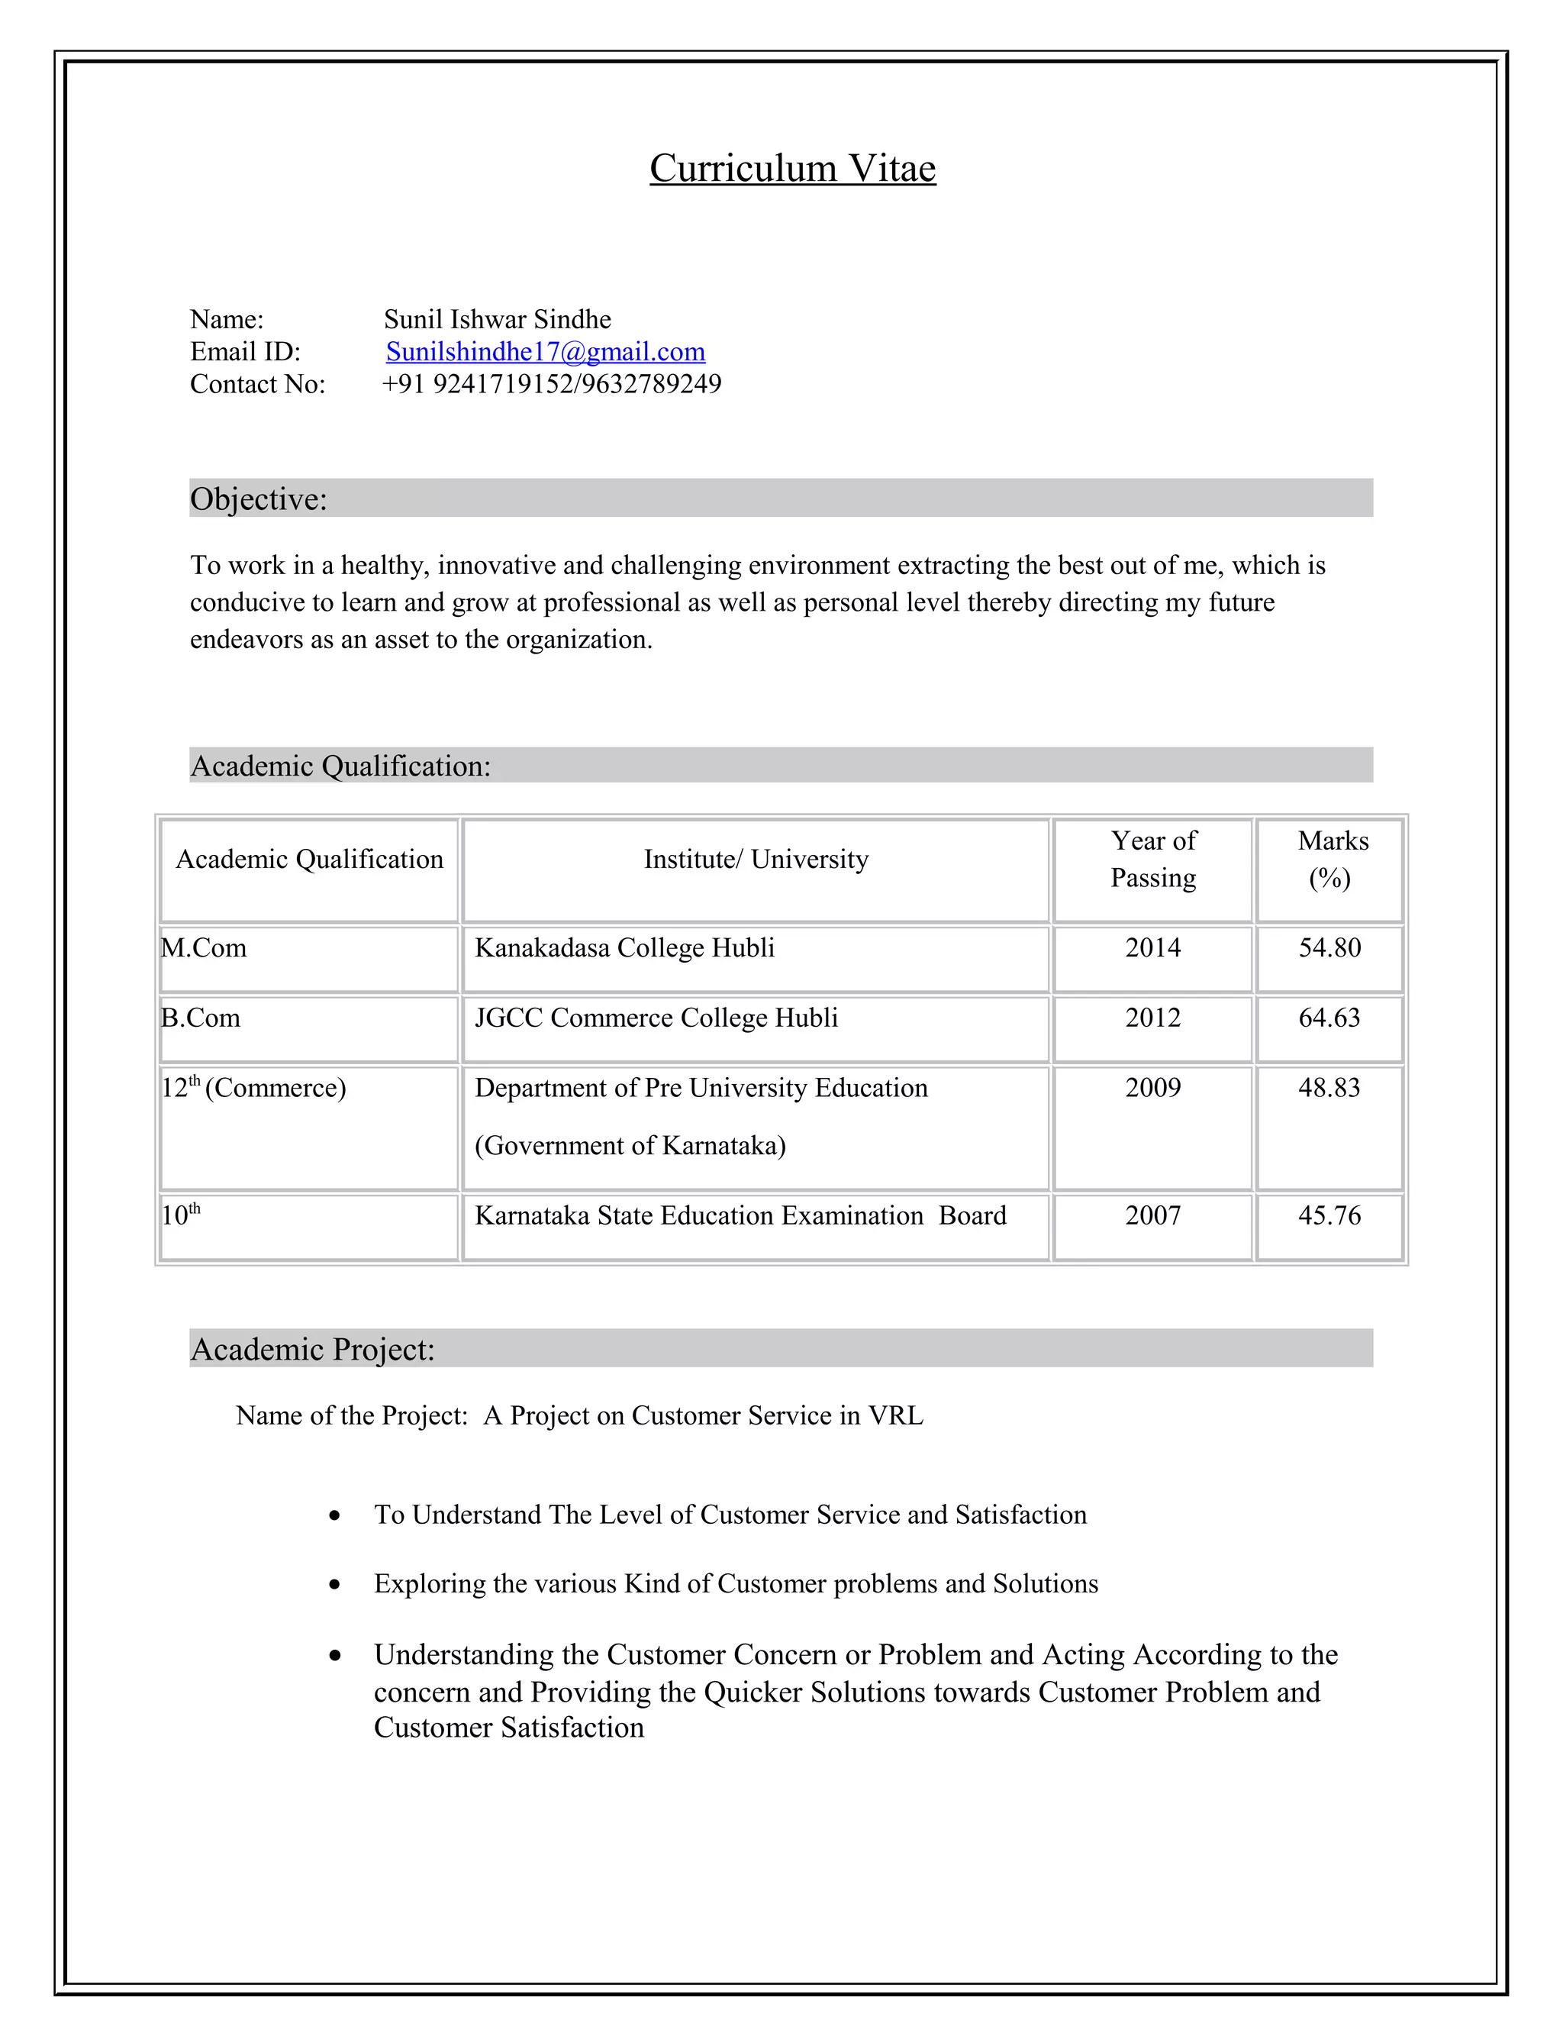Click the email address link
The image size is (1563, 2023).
click(x=546, y=352)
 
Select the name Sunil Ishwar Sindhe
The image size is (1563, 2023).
click(x=498, y=320)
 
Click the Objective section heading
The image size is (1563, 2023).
click(x=259, y=499)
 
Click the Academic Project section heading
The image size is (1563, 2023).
click(x=312, y=1350)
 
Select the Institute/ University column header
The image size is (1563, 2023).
click(x=756, y=860)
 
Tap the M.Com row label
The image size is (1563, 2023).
click(x=204, y=947)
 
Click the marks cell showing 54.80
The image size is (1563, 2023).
click(x=1329, y=947)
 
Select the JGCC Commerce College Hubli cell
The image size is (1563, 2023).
click(x=656, y=1018)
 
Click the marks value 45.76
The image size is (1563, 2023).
click(x=1329, y=1215)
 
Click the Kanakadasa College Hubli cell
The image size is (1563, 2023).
click(x=624, y=947)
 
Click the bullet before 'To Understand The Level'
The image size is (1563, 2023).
click(x=334, y=1516)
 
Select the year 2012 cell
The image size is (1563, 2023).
click(x=1153, y=1018)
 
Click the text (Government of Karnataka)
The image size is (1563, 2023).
click(x=630, y=1146)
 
